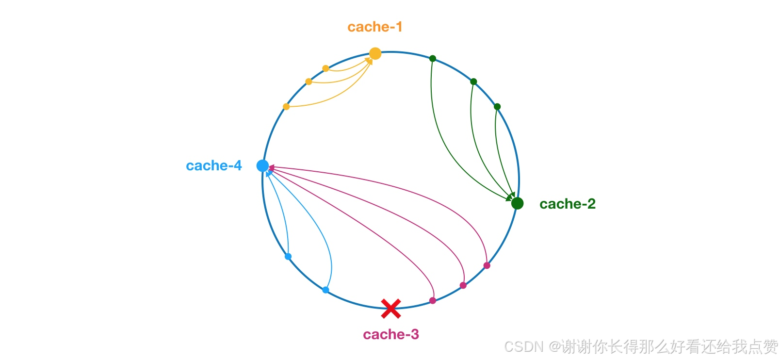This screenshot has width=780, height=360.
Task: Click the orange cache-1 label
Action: [375, 27]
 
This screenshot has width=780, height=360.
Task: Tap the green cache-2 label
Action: [567, 204]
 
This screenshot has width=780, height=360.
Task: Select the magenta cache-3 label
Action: [390, 334]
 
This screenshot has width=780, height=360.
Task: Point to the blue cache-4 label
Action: [214, 166]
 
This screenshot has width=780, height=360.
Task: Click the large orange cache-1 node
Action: [375, 53]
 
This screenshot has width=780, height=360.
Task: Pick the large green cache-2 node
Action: [517, 203]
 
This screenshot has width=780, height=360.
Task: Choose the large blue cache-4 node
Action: [262, 166]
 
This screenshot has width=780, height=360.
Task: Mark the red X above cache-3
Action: [390, 308]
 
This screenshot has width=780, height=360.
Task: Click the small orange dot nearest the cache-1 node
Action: [325, 68]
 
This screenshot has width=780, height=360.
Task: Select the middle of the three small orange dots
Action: [309, 82]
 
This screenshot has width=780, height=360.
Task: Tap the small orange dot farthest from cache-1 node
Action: [286, 107]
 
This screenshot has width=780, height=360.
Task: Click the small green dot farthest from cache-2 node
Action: [433, 59]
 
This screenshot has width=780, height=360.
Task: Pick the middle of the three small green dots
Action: [473, 82]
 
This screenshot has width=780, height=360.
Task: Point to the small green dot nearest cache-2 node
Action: [497, 107]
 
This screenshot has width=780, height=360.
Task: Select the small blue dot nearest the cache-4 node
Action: [288, 257]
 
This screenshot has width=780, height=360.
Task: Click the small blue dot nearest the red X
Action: [325, 290]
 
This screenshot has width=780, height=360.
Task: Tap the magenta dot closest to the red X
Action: [433, 301]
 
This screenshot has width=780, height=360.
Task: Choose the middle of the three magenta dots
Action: [463, 285]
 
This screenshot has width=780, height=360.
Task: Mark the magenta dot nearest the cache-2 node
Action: [487, 265]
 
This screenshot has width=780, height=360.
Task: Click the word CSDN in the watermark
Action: [523, 346]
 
